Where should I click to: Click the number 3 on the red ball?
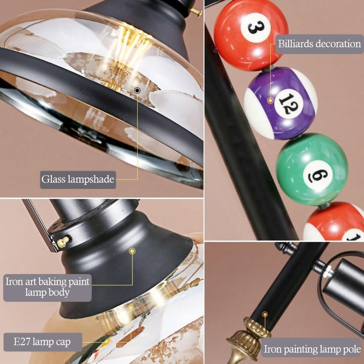tap(256, 28)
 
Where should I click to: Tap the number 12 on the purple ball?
tap(289, 104)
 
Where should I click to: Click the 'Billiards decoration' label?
tap(320, 44)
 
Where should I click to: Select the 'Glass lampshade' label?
tap(78, 179)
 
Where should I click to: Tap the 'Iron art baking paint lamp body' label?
tap(48, 287)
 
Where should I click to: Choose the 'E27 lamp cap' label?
tap(42, 342)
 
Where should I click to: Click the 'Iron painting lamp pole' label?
tap(312, 349)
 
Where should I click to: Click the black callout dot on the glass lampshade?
tap(137, 90)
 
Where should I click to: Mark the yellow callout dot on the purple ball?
tap(270, 101)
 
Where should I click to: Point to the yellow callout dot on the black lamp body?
tap(132, 251)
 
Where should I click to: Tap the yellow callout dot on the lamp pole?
tap(264, 314)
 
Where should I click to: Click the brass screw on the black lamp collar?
tap(63, 242)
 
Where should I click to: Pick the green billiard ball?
tap(312, 169)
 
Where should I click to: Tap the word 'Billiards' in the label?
tap(296, 43)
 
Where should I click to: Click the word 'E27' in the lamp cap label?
tap(22, 342)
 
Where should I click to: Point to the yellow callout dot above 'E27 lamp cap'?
tap(131, 308)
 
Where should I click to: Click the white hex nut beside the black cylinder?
tap(328, 271)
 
